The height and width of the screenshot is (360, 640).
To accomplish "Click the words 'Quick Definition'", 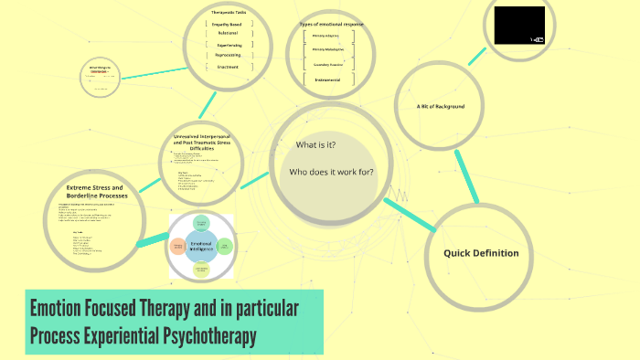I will pyautogui.click(x=481, y=253).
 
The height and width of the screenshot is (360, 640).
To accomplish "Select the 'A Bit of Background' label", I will pyautogui.click(x=441, y=106).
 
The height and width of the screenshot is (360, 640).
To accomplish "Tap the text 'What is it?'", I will pyautogui.click(x=315, y=145).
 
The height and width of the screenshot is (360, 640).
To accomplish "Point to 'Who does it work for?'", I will pyautogui.click(x=331, y=172).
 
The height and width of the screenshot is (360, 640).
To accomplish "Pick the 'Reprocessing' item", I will pyautogui.click(x=228, y=55).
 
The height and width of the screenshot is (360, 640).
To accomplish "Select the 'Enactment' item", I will pyautogui.click(x=229, y=66).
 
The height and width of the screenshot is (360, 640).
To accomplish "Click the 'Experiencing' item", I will pyautogui.click(x=229, y=44).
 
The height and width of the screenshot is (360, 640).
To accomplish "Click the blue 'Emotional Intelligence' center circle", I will pyautogui.click(x=201, y=245).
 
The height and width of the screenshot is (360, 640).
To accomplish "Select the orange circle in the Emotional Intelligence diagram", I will pyautogui.click(x=177, y=246).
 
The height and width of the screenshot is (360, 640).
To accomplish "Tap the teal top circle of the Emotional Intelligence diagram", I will pyautogui.click(x=202, y=223).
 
